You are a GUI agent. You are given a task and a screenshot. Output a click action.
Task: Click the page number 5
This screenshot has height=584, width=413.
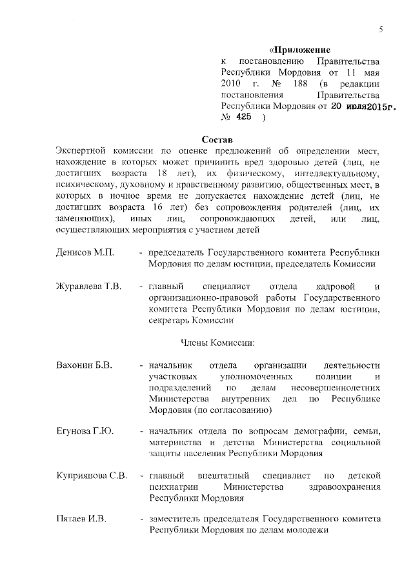[381, 30]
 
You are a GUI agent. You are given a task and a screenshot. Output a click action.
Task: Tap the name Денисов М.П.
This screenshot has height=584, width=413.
[85, 252]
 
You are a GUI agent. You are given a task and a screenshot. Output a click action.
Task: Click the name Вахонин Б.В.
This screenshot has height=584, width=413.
[85, 365]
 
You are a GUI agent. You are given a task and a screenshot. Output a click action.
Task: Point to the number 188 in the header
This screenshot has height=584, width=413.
[296, 84]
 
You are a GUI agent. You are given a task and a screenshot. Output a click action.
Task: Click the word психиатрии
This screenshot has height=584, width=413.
[169, 487]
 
